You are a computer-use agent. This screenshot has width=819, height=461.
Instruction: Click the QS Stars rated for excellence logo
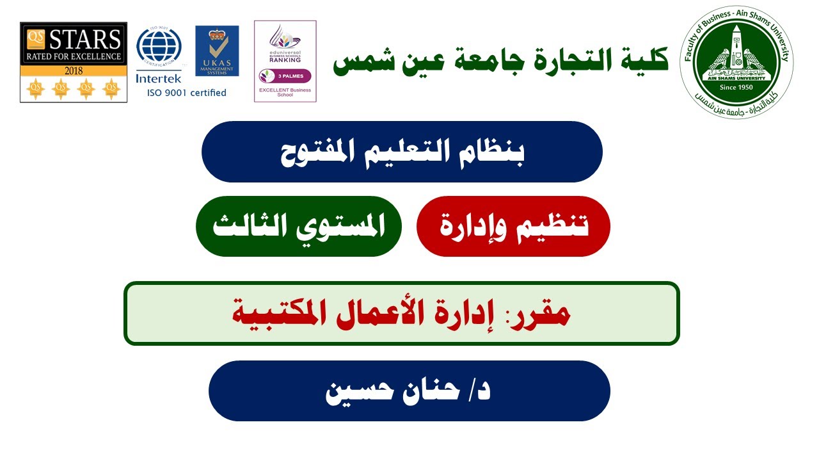74,62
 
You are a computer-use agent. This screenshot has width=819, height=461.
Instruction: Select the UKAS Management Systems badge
217,51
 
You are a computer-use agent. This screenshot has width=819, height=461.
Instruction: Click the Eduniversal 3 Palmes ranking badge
285,61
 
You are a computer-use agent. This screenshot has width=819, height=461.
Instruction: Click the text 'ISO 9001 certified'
187,93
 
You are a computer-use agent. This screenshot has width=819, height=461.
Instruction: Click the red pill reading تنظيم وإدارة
513,227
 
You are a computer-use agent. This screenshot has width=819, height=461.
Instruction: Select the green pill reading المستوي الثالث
298,227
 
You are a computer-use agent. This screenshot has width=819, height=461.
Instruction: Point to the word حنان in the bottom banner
431,391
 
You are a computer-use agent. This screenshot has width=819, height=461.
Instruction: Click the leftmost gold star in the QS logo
35,88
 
